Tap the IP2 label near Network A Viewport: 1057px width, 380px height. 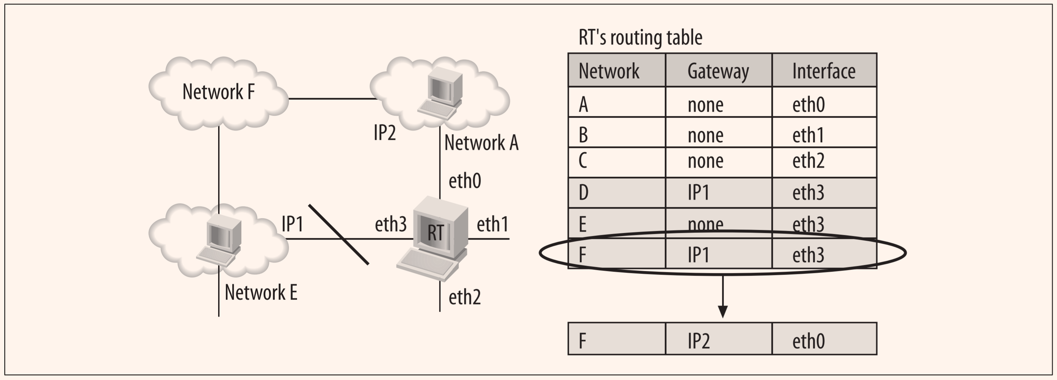384,133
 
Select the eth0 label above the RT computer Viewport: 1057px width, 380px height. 465,181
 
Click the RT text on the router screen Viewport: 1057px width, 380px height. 435,233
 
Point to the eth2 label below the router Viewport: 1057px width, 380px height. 465,297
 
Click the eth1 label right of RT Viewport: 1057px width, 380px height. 492,224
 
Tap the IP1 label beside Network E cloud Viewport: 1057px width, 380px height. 292,224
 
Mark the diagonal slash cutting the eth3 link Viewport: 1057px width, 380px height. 339,234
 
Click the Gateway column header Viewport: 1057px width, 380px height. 718,71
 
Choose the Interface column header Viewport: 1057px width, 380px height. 824,71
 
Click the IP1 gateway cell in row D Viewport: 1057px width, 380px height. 698,193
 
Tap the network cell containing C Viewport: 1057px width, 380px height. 583,161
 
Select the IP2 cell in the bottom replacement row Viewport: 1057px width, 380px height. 698,341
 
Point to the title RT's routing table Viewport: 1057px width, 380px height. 640,38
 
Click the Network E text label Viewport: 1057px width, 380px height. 261,293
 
